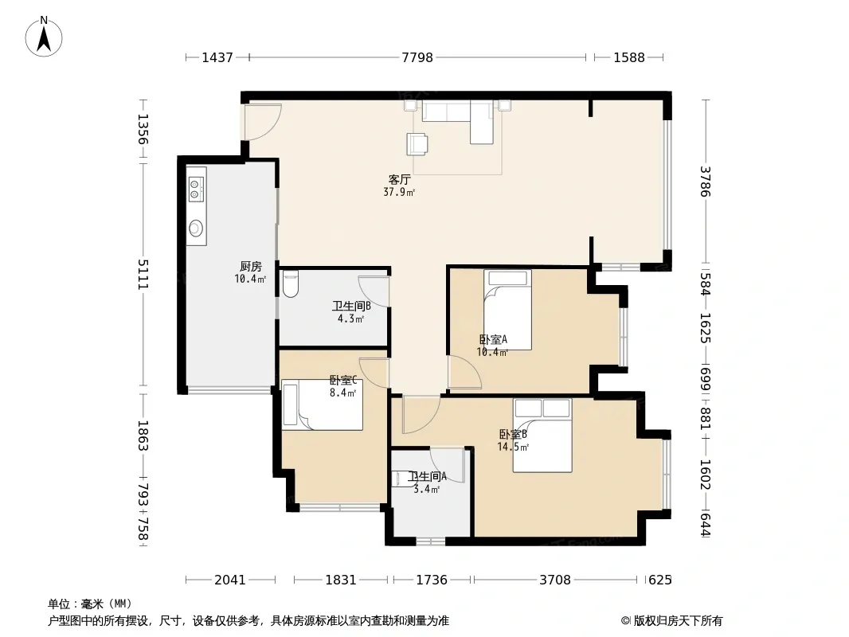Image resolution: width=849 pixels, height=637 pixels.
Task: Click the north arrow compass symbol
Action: [x=44, y=37]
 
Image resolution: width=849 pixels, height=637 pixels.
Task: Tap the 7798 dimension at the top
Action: [x=417, y=57]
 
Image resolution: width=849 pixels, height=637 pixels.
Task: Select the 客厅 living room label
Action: [x=400, y=180]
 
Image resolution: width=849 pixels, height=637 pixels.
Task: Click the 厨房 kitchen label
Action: [x=251, y=266]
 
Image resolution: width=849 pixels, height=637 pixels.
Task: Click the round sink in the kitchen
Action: [x=196, y=228]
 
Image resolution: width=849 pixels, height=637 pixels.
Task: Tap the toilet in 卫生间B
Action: [x=290, y=285]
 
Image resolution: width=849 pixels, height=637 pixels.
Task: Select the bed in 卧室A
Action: [x=507, y=310]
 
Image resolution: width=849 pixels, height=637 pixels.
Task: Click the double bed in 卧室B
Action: [x=542, y=436]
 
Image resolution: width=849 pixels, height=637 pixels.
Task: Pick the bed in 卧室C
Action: [x=323, y=404]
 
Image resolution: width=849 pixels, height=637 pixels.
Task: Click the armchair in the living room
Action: [x=417, y=144]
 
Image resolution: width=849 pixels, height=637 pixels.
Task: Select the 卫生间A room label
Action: [x=428, y=477]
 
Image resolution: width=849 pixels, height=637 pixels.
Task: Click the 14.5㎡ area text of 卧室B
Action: [x=513, y=447]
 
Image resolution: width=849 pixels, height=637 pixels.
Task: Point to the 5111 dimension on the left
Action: [x=143, y=275]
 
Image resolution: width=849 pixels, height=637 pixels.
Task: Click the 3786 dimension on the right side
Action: [x=705, y=182]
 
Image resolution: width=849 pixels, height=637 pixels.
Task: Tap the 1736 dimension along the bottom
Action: [x=432, y=580]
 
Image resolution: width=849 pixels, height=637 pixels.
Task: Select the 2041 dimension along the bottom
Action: [x=230, y=580]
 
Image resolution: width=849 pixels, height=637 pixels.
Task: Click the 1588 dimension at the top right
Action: [x=628, y=57]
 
